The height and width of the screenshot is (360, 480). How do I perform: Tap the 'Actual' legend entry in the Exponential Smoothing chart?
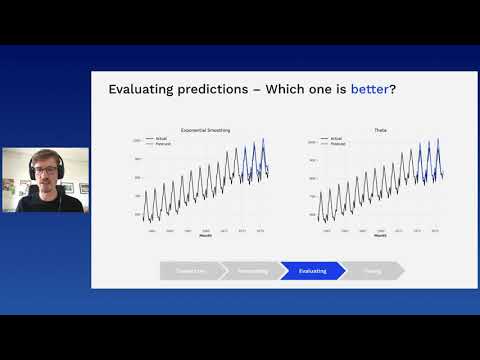click(162, 139)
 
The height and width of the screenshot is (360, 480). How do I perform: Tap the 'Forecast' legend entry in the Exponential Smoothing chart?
click(164, 144)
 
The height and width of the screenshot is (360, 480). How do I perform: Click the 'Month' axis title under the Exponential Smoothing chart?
click(204, 236)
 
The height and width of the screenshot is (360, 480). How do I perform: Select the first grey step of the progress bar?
click(190, 270)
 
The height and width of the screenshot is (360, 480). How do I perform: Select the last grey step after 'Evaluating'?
click(372, 270)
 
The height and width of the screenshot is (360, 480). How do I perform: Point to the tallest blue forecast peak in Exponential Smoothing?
click(264, 139)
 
